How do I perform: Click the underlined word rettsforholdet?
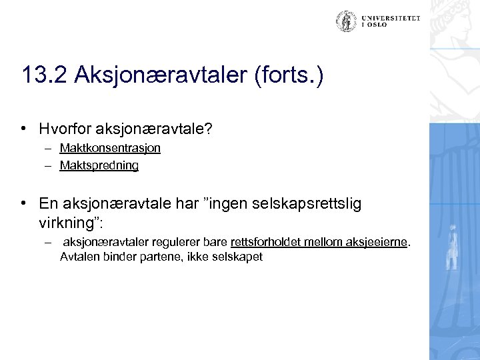pyautogui.click(x=260, y=241)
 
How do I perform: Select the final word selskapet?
pyautogui.click(x=236, y=255)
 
